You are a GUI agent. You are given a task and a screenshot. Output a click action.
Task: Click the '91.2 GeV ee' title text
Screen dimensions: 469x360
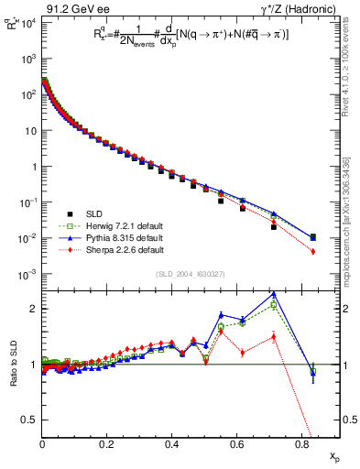click(x=72, y=10)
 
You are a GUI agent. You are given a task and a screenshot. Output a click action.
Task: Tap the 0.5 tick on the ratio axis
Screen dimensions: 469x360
click(x=28, y=420)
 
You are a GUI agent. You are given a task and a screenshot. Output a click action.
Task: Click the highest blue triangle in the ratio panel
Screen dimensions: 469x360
click(x=274, y=294)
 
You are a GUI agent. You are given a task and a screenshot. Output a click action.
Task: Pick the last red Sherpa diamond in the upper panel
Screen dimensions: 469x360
click(x=313, y=251)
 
